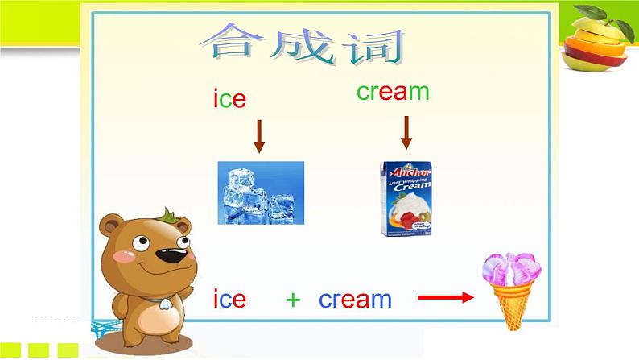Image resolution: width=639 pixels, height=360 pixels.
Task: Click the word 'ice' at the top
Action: (229, 99)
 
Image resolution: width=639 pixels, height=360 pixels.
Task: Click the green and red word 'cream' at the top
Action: (393, 92)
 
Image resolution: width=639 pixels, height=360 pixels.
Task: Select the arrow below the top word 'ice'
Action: (259, 136)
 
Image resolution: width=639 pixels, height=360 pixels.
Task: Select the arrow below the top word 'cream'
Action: (406, 132)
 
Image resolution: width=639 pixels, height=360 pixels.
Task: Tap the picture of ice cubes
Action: (261, 192)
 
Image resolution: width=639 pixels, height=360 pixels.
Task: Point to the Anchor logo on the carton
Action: (406, 172)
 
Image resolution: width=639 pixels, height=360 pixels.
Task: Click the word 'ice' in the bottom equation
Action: (229, 300)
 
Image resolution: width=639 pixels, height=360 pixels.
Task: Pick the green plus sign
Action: (293, 300)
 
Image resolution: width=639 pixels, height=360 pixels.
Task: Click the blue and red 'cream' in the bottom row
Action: (355, 300)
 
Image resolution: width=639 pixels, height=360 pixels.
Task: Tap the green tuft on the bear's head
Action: (168, 216)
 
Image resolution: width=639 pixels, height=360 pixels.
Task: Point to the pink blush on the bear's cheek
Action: (122, 257)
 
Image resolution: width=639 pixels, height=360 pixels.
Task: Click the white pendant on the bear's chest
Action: (163, 304)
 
